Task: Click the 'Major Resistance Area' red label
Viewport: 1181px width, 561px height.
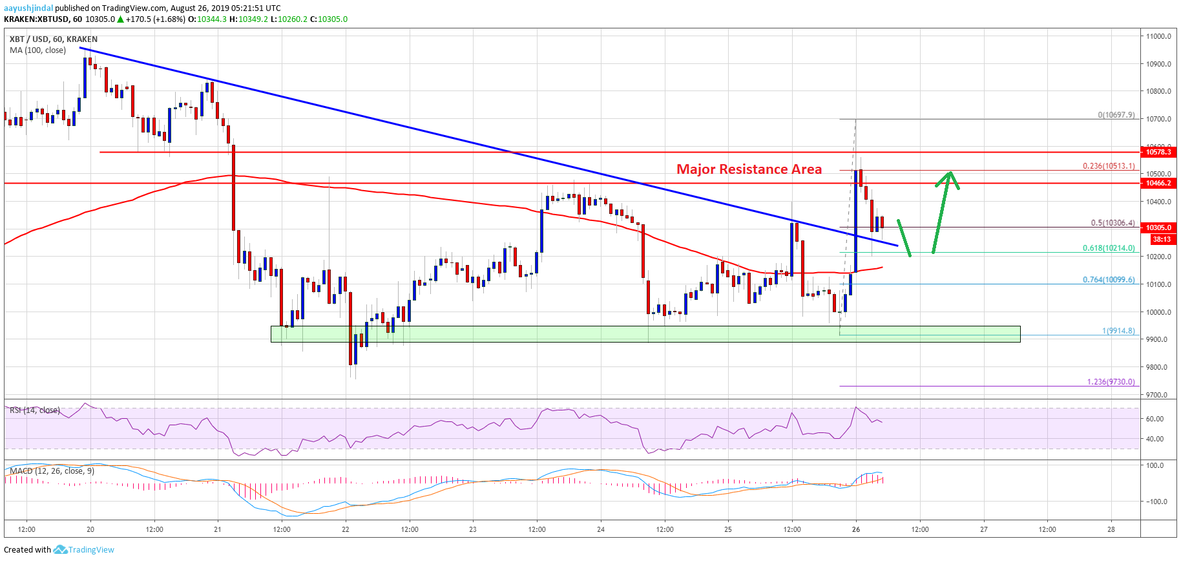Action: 749,169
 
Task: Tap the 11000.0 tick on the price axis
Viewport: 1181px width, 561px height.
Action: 1158,36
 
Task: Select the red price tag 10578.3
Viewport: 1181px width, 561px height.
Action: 1159,152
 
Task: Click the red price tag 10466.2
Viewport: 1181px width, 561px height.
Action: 1159,184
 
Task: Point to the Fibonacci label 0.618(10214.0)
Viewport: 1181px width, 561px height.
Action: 1109,248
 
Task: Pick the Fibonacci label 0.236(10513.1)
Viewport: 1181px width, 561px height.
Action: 1109,166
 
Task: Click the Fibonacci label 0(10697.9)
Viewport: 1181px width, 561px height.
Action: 1116,115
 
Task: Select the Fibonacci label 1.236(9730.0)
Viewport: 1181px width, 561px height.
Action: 1111,382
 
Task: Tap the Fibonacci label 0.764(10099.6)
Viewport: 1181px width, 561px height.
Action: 1109,280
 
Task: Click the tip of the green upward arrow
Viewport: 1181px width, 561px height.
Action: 950,173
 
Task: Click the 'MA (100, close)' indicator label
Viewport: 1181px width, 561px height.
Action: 37,50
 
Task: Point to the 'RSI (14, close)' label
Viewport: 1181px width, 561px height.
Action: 35,410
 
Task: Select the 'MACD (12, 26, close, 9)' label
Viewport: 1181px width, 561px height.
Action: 52,471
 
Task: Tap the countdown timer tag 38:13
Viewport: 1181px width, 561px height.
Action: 1161,239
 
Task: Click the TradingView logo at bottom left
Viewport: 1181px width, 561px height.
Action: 84,550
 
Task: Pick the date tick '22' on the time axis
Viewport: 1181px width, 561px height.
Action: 346,529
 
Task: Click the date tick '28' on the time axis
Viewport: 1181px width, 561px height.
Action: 1111,529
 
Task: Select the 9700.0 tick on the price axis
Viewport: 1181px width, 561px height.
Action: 1158,395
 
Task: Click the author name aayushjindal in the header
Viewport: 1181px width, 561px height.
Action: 28,8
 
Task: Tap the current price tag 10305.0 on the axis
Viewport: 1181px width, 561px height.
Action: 1159,228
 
